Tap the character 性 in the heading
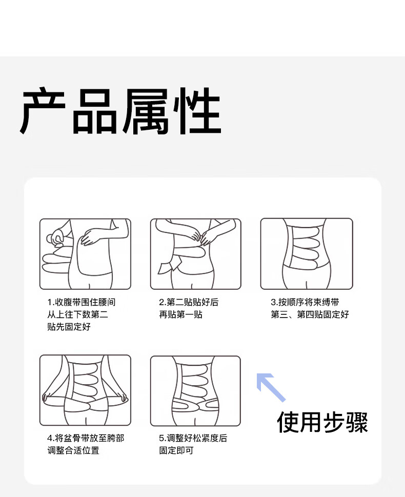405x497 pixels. [x=197, y=111]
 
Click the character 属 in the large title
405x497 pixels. [x=146, y=111]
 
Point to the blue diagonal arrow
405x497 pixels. [x=271, y=387]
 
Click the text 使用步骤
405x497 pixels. [x=322, y=422]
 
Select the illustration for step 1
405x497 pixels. [x=85, y=254]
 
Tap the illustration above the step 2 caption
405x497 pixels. [x=195, y=254]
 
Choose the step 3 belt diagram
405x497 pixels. [x=307, y=254]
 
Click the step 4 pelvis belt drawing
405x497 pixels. [x=85, y=390]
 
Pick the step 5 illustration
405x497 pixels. [x=195, y=391]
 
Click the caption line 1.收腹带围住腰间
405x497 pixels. [x=82, y=302]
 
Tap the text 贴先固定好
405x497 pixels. [x=69, y=327]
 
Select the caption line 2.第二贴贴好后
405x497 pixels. [x=189, y=302]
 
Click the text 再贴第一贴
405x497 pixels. [x=180, y=314]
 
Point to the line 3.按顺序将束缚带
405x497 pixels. [x=305, y=302]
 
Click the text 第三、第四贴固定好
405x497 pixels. [x=310, y=314]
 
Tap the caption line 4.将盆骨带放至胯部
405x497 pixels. [x=86, y=438]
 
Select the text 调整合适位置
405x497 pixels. [x=73, y=450]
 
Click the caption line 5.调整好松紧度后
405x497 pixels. [x=193, y=438]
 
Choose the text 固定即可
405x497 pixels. [x=176, y=450]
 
